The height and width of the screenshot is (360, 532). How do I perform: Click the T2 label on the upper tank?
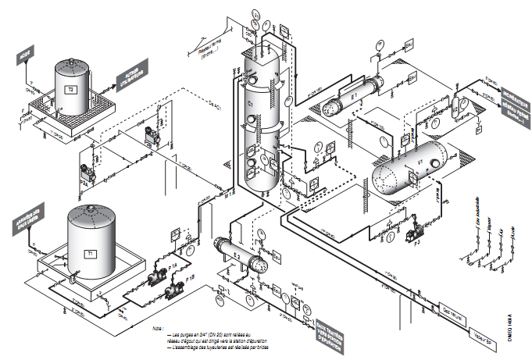pyautogui.click(x=71, y=90)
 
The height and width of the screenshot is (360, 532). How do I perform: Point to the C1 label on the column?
pyautogui.click(x=251, y=104)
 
